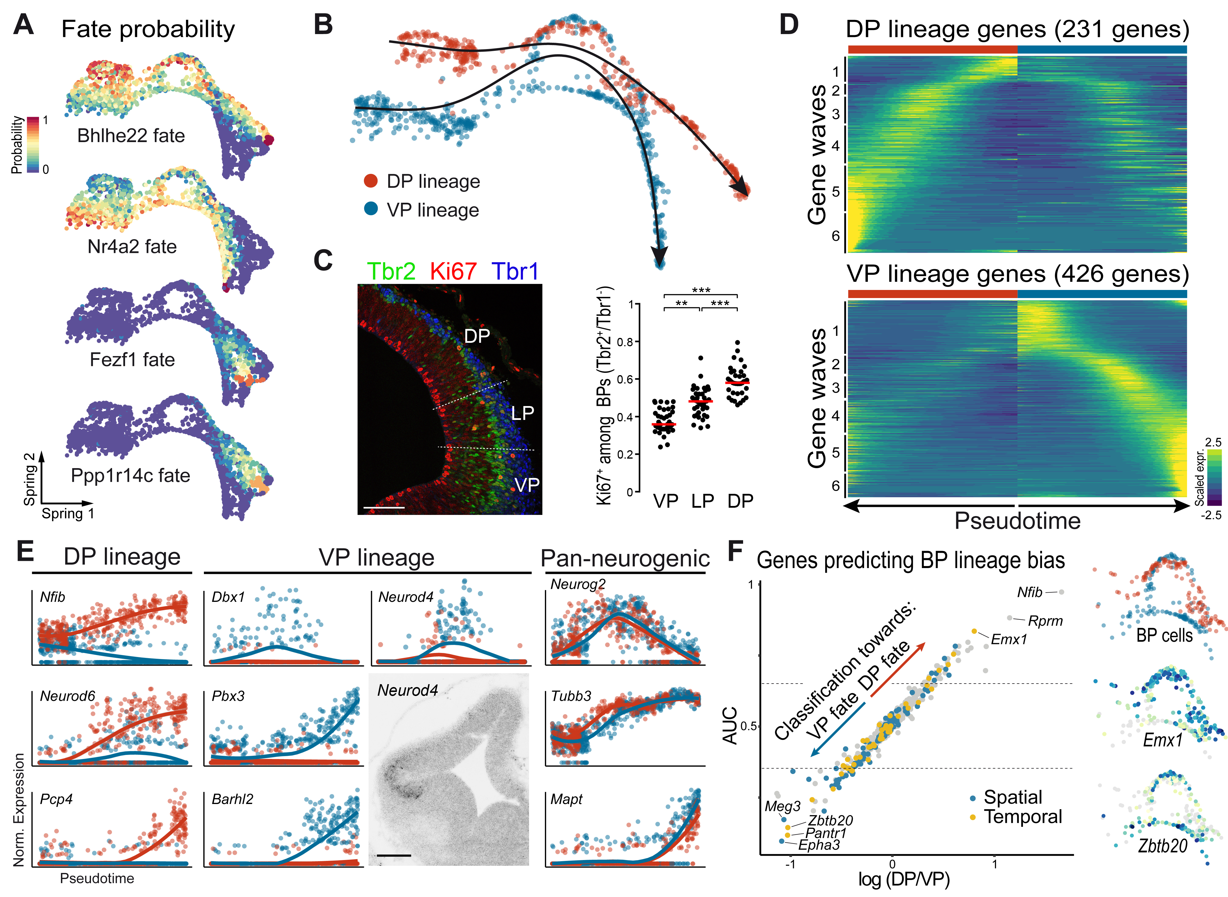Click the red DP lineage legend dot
click(371, 181)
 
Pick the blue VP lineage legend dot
click(371, 209)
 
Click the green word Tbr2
click(391, 271)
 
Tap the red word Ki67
click(453, 271)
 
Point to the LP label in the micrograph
click(522, 413)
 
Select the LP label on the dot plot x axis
click(702, 500)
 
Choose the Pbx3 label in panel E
click(228, 696)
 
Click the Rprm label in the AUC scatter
click(1045, 621)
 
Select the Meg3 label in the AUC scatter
click(782, 806)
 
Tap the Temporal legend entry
click(1023, 817)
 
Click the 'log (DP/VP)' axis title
click(904, 879)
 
